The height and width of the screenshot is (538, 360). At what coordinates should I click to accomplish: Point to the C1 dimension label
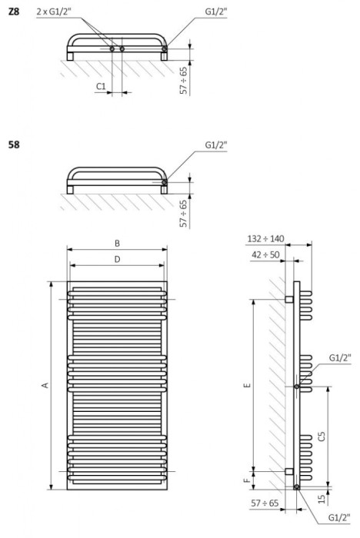pyautogui.click(x=101, y=87)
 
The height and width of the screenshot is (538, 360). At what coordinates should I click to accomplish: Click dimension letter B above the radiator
pyautogui.click(x=117, y=243)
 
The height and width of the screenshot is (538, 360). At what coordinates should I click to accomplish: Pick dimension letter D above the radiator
pyautogui.click(x=117, y=260)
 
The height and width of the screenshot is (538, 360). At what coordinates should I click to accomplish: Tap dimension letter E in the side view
pyautogui.click(x=246, y=386)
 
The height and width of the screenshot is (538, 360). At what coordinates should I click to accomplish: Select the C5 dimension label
pyautogui.click(x=323, y=436)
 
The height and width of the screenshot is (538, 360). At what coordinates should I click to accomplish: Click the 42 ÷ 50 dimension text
pyautogui.click(x=265, y=254)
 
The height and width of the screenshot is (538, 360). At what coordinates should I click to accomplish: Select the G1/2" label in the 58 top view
pyautogui.click(x=217, y=144)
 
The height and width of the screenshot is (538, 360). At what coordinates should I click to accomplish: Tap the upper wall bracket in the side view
pyautogui.click(x=288, y=297)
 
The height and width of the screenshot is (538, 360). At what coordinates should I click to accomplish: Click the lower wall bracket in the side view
pyautogui.click(x=288, y=471)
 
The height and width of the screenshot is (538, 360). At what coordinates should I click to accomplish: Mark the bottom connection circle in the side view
pyautogui.click(x=297, y=487)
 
